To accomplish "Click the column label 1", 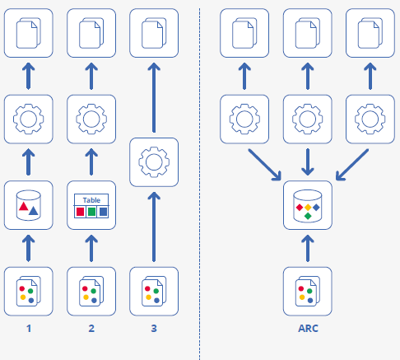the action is pyautogui.click(x=29, y=329).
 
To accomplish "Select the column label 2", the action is pyautogui.click(x=91, y=329).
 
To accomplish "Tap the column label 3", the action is pyautogui.click(x=154, y=329).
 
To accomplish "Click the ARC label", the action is pyautogui.click(x=308, y=329).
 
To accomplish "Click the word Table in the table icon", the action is pyautogui.click(x=91, y=200).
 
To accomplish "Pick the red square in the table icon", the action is pyautogui.click(x=80, y=212).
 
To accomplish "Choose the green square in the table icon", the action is pyautogui.click(x=91, y=212).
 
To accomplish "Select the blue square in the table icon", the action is pyautogui.click(x=103, y=212).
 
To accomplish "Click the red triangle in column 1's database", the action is pyautogui.click(x=24, y=207).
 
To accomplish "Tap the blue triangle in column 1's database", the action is pyautogui.click(x=33, y=211).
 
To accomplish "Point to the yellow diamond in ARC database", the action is pyautogui.click(x=308, y=208).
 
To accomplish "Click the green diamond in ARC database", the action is pyautogui.click(x=308, y=216).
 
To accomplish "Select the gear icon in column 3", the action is pyautogui.click(x=154, y=162).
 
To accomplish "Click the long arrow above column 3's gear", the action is pyautogui.click(x=154, y=97).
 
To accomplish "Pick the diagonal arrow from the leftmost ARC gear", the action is pyautogui.click(x=265, y=165).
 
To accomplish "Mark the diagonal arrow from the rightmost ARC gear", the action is pyautogui.click(x=352, y=165).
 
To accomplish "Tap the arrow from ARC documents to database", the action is pyautogui.click(x=308, y=248).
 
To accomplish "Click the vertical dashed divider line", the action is pyautogui.click(x=199, y=184).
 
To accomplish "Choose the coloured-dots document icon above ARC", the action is pyautogui.click(x=308, y=291).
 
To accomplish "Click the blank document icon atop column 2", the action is pyautogui.click(x=91, y=33).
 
